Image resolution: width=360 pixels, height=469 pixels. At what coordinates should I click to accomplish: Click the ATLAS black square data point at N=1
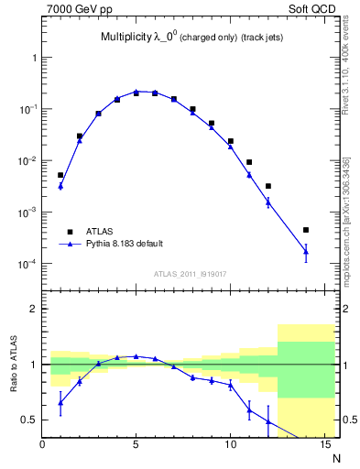(x=60, y=175)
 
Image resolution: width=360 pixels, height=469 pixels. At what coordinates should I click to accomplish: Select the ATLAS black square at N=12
(x=268, y=186)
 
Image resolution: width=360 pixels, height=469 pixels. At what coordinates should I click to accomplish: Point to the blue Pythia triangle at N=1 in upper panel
(x=60, y=186)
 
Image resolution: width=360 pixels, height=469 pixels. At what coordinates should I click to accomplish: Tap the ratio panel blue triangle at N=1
(x=60, y=402)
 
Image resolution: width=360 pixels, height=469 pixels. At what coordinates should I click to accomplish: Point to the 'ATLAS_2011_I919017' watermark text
(x=191, y=273)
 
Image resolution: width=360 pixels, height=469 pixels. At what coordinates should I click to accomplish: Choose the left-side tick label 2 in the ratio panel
(x=33, y=310)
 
